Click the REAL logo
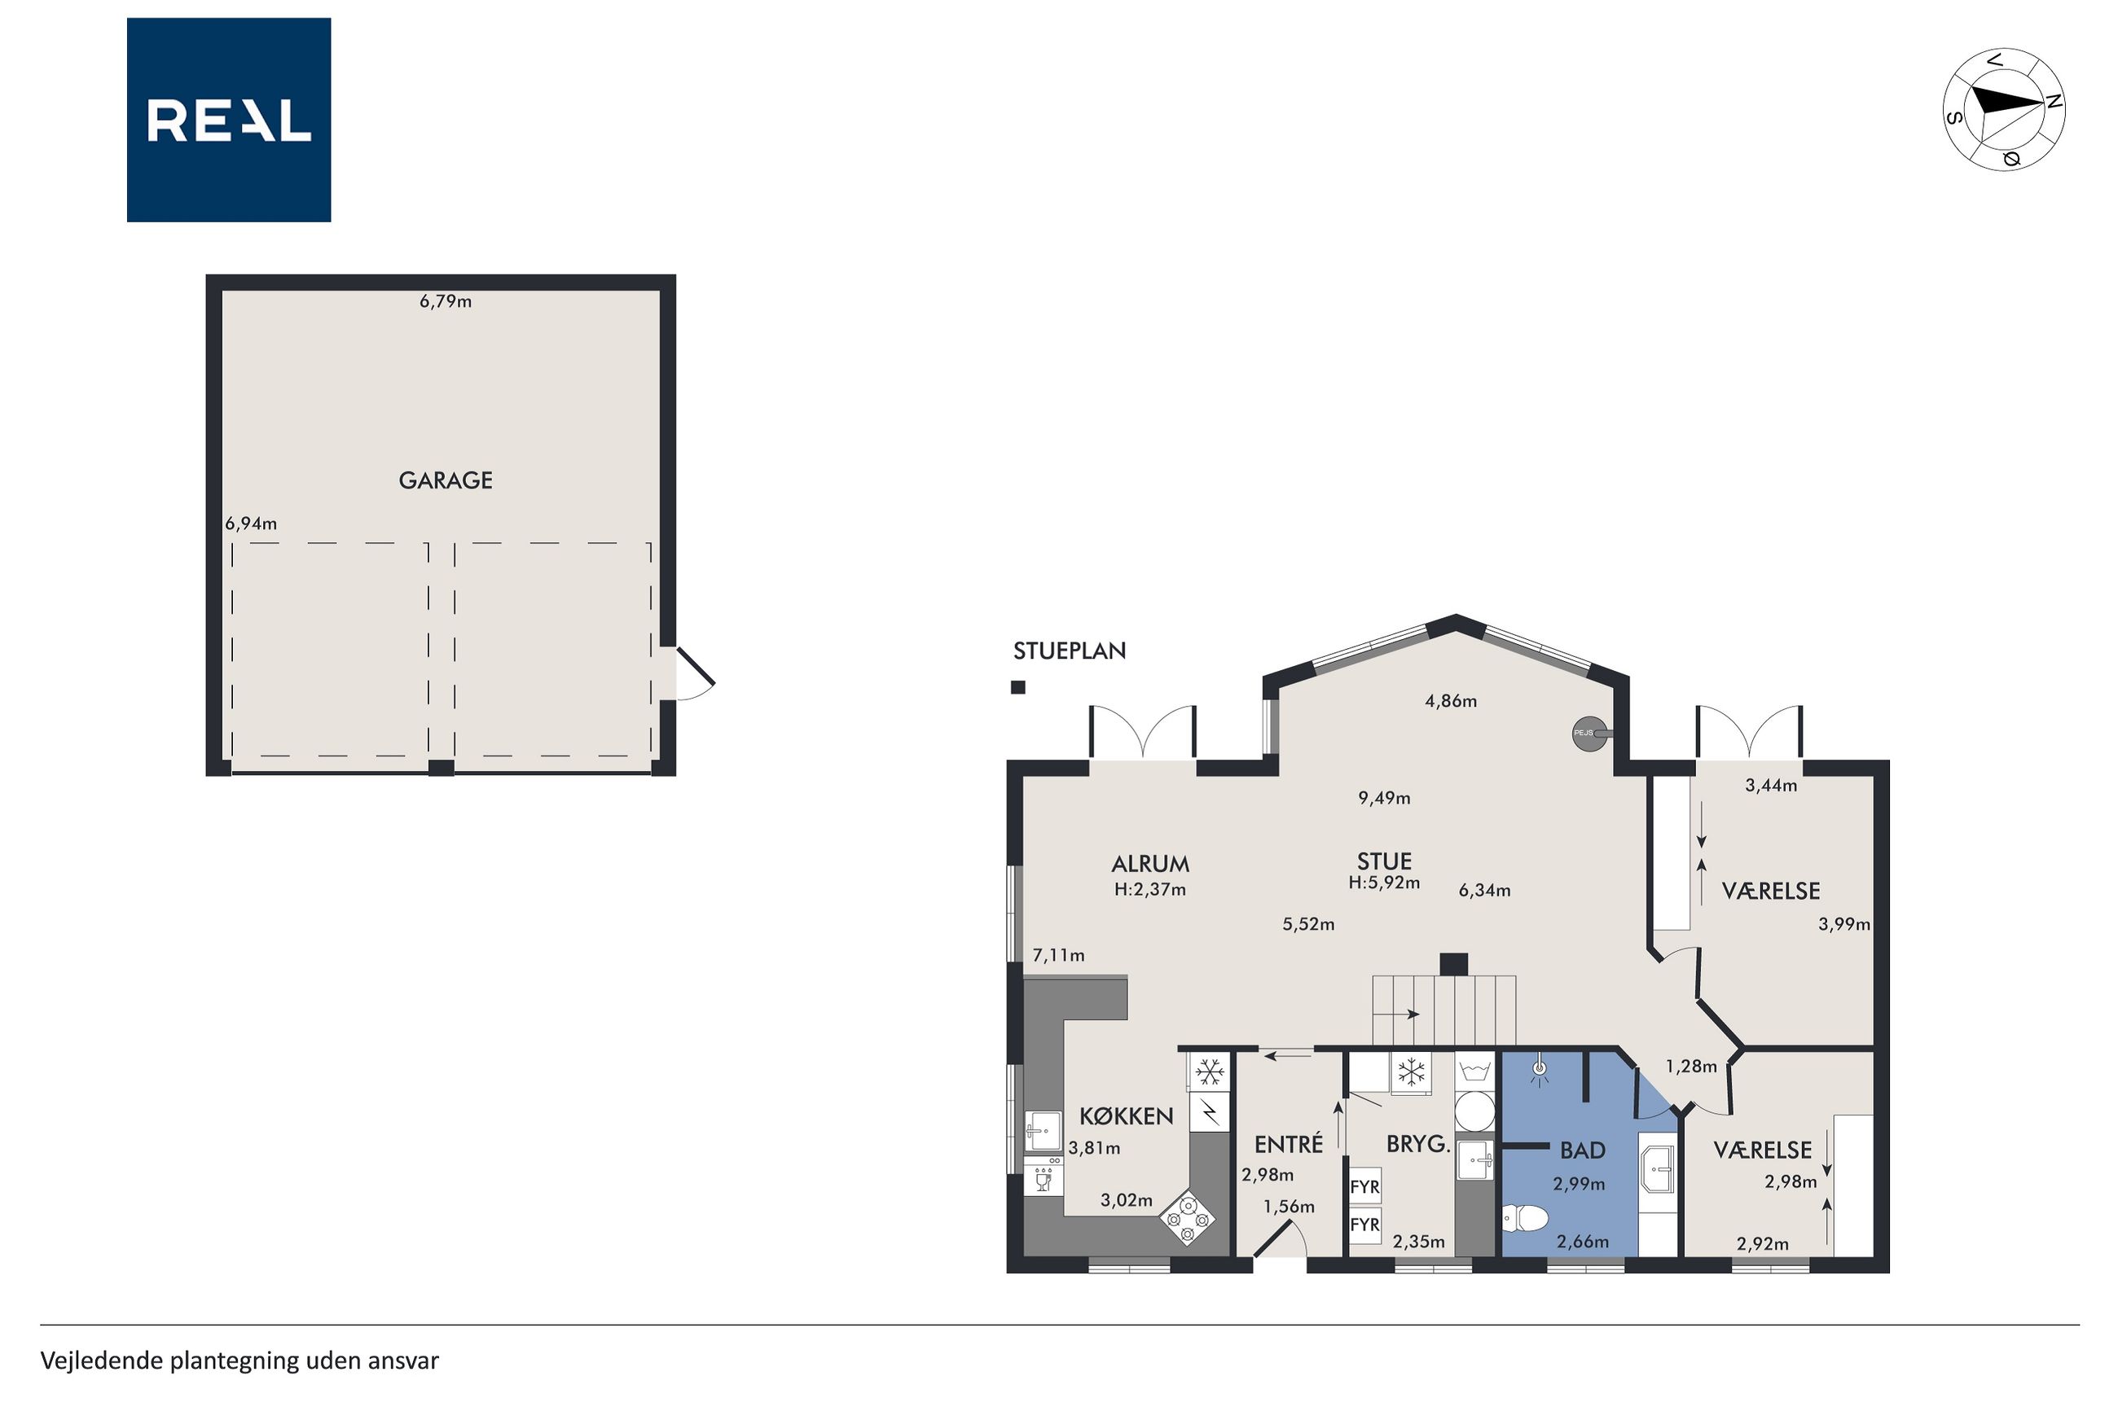(229, 120)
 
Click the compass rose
(2004, 109)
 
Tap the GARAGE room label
(446, 480)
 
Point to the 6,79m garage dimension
(446, 301)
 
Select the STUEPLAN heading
(1070, 651)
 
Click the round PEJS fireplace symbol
(1584, 734)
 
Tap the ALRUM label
(1150, 864)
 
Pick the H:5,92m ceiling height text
(1384, 883)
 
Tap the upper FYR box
(1364, 1187)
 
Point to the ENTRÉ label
(1289, 1145)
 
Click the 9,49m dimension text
(1384, 798)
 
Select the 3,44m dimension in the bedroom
(1772, 786)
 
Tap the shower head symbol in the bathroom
(1540, 1071)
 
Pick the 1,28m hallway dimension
(1691, 1067)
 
